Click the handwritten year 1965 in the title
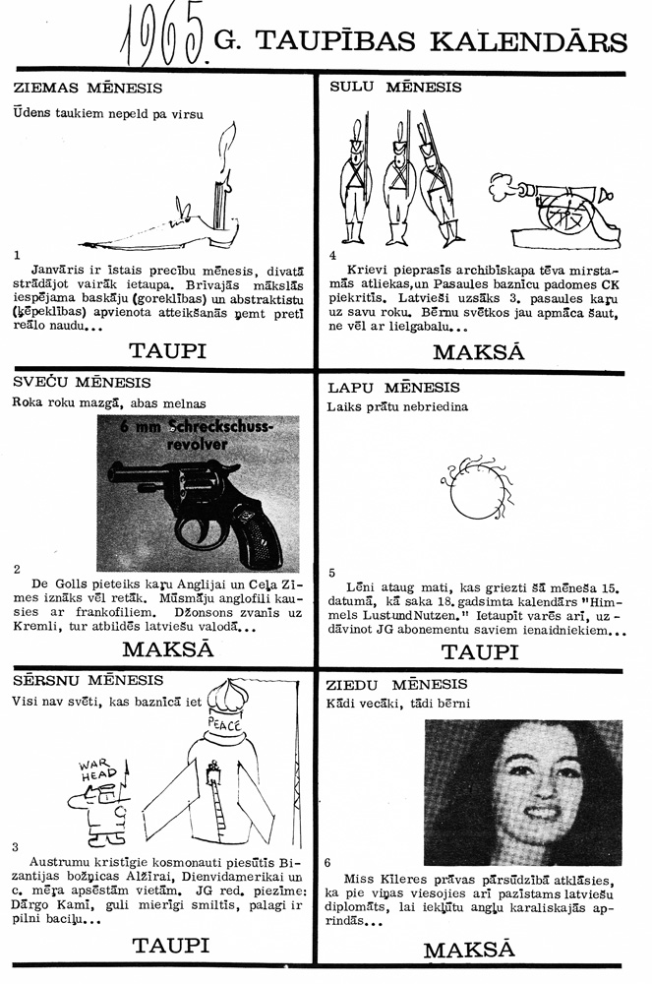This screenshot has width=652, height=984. tap(161, 39)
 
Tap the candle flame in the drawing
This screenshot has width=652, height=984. tap(228, 138)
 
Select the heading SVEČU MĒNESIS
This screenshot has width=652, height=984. tap(83, 382)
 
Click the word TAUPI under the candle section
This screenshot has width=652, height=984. tap(171, 349)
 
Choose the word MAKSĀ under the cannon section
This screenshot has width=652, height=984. tap(478, 351)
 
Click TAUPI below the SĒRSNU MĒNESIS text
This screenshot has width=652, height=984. tap(171, 946)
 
